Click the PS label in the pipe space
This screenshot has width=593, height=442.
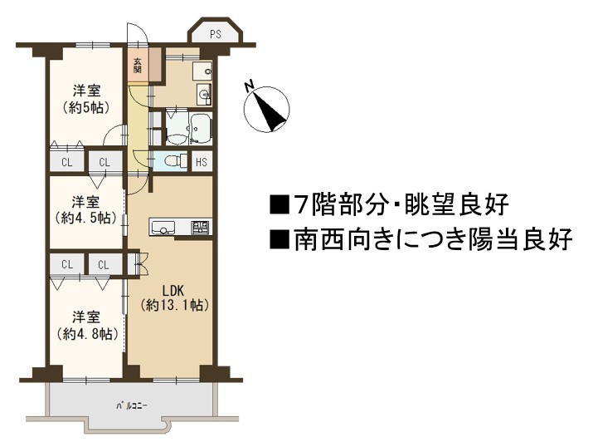pos(215,34)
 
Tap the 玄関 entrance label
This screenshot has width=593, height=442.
pos(138,66)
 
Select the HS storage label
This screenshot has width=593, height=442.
pos(202,162)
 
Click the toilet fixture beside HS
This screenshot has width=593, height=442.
pos(176,161)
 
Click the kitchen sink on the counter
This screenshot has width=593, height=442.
pos(163,228)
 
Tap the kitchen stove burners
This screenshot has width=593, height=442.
pos(201,228)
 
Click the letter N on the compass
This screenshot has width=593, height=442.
pos(249,86)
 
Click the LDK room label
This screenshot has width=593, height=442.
pos(173,291)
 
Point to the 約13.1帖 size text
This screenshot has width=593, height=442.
pos(174,305)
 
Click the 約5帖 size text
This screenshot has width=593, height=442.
pos(86,107)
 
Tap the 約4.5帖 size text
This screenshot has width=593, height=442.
pos(86,218)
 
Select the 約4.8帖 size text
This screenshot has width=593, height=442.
pos(87,333)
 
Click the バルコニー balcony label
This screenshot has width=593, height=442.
pos(131,406)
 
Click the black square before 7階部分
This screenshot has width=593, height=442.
pos(279,205)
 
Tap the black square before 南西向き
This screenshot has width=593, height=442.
pos(279,240)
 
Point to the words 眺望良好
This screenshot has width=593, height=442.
pos(457,204)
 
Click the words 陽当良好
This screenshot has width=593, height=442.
pos(520,239)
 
